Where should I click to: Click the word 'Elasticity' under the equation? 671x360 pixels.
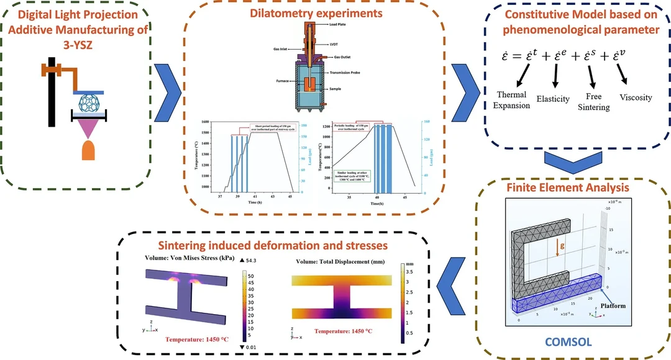tap(553, 98)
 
